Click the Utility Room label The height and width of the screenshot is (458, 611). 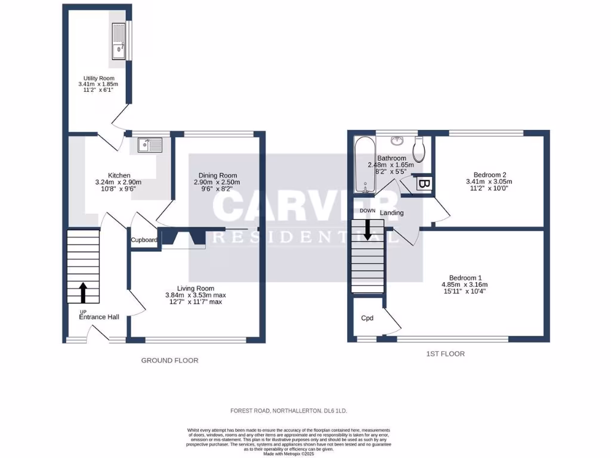point(98,78)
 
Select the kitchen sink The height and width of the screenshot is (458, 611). point(149,145)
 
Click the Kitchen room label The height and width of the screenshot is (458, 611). point(111,175)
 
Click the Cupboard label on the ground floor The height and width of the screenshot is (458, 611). point(144,240)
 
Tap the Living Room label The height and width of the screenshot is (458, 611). point(195,288)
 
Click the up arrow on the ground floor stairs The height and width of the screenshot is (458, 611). point(82,293)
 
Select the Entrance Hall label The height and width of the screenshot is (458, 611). point(99,317)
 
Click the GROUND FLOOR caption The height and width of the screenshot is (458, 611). point(169,360)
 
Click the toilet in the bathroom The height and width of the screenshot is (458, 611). point(419,149)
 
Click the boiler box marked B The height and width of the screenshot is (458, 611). point(425,184)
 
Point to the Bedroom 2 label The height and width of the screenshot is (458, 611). point(489,175)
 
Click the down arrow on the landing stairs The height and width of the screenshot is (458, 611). point(368,230)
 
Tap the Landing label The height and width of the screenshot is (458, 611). point(391,213)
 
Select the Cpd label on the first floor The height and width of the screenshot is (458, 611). point(368,318)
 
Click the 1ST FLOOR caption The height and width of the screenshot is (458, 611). point(445,354)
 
